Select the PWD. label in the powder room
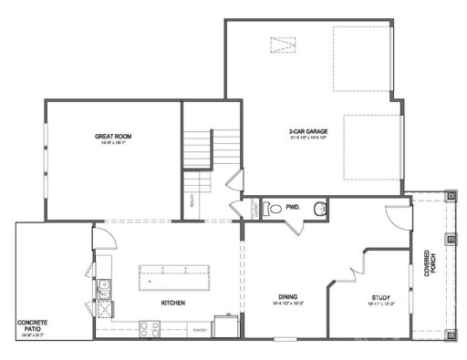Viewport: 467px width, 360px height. [292, 208]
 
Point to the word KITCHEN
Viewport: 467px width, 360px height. [175, 303]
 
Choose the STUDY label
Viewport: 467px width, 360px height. [381, 297]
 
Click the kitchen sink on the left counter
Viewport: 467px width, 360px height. [104, 293]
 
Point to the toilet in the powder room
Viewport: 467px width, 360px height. [271, 209]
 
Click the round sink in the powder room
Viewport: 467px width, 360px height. [318, 210]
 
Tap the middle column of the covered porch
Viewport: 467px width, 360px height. [451, 239]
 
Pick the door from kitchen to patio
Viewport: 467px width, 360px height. [102, 239]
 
